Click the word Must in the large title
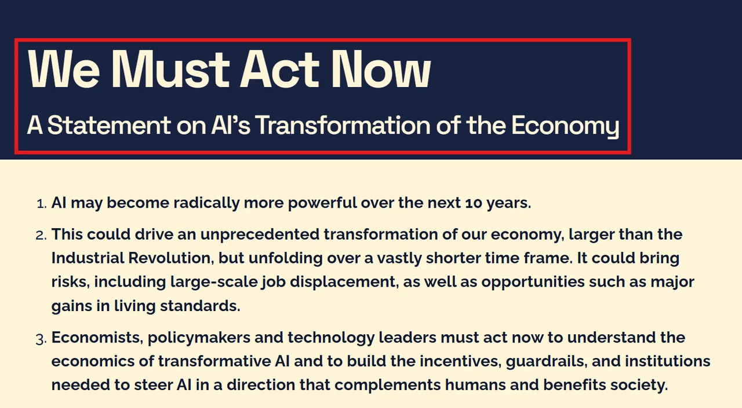point(170,69)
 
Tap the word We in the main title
point(64,69)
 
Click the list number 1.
point(41,204)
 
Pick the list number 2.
point(41,235)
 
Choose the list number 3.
point(41,339)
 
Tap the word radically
point(206,203)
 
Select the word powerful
point(322,203)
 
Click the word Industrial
point(88,258)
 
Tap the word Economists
point(97,338)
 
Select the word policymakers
point(199,338)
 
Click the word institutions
point(668,361)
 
